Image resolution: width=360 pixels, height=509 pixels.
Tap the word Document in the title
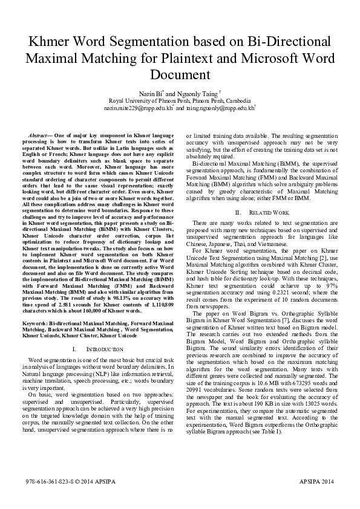(x=180, y=75)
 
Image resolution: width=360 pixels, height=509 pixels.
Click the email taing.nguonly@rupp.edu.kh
(x=220, y=108)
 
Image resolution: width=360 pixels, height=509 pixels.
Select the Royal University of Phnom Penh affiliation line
(x=180, y=101)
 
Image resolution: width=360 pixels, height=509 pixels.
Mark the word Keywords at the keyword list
(x=34, y=323)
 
